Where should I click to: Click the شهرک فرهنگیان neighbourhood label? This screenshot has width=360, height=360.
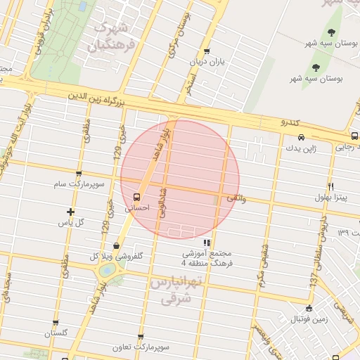click(x=110, y=37)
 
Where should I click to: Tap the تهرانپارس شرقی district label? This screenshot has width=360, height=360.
click(x=176, y=290)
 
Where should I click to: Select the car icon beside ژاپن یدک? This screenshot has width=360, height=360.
click(x=301, y=137)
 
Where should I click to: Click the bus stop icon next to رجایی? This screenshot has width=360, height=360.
click(x=354, y=136)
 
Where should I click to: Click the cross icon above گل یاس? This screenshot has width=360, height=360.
click(x=70, y=212)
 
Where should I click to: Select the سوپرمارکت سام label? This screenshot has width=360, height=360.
click(x=77, y=185)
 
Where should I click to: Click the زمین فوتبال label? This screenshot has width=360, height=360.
click(x=309, y=319)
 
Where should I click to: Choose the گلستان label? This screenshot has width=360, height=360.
click(x=56, y=333)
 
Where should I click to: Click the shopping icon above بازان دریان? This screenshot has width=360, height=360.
click(x=206, y=51)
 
